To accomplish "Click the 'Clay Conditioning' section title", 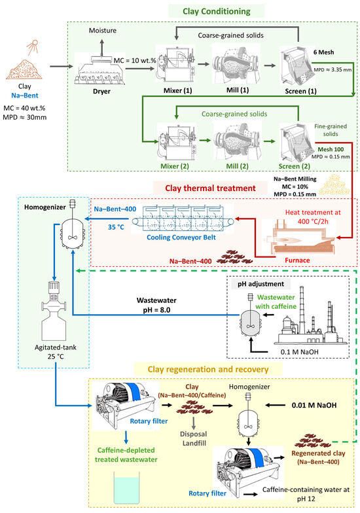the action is [x=216, y=12].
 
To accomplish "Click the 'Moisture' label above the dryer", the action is [x=102, y=30].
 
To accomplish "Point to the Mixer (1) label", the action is [x=178, y=90].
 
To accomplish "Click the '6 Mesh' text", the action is [x=323, y=52].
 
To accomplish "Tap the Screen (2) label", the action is [x=295, y=166].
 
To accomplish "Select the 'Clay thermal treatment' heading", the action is [x=210, y=188].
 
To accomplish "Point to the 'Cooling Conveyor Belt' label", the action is [x=181, y=237].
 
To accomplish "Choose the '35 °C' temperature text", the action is [x=116, y=227].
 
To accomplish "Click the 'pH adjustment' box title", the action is [x=261, y=284].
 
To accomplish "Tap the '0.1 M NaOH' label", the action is [x=300, y=352].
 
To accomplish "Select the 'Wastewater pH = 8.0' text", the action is [x=156, y=305].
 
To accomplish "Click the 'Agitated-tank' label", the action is [x=55, y=347].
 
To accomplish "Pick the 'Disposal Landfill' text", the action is [x=194, y=438].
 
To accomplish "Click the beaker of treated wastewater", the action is [x=127, y=487].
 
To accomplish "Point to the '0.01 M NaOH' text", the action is [x=314, y=406].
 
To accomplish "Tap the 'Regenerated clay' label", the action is [x=318, y=453].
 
